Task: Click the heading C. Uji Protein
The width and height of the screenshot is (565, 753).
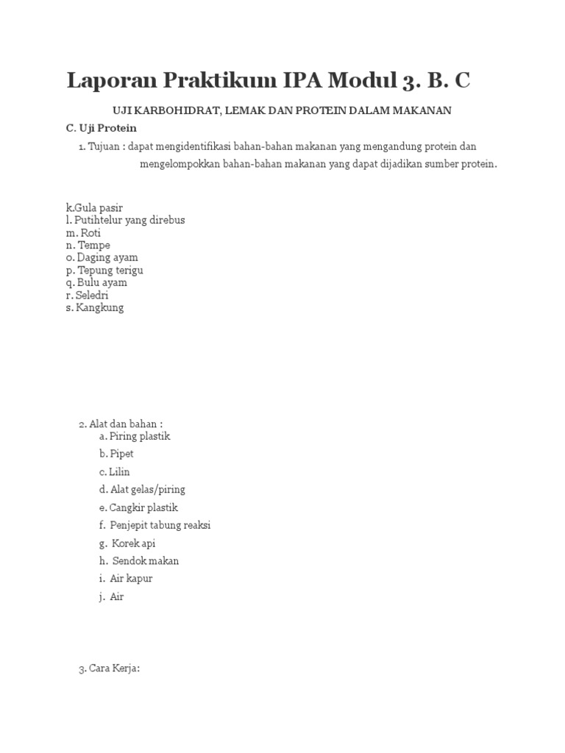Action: pyautogui.click(x=102, y=128)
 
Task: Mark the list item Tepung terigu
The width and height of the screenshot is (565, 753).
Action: pyautogui.click(x=104, y=270)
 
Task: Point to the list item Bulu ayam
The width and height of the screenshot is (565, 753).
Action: pyautogui.click(x=96, y=282)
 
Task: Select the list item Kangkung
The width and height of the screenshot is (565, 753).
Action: pyautogui.click(x=95, y=307)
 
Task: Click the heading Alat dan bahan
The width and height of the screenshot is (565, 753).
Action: pyautogui.click(x=122, y=424)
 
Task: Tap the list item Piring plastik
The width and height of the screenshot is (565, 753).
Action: pyautogui.click(x=135, y=436)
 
